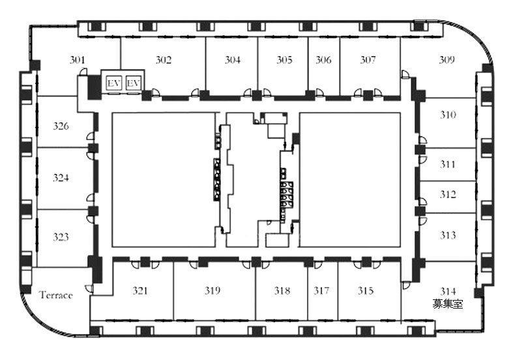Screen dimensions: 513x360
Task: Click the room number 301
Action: point(77,60)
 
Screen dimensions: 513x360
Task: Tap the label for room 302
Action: point(163,60)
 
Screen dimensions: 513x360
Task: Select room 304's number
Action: point(232,60)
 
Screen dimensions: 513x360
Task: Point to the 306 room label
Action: point(323,60)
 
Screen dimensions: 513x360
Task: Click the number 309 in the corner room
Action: point(447,60)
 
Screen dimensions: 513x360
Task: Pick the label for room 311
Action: point(447,164)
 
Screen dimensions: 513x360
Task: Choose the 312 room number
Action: point(448,195)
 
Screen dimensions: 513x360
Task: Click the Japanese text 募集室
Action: point(448,304)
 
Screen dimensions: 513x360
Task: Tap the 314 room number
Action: point(448,291)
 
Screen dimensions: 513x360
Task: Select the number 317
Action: point(321,290)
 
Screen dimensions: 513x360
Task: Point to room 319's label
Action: point(213,290)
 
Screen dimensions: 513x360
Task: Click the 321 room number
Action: point(140,290)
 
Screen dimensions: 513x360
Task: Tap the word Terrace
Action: point(56,295)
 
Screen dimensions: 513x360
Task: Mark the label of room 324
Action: point(61,177)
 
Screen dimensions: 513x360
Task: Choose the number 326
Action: point(61,126)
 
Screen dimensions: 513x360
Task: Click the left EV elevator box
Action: point(113,83)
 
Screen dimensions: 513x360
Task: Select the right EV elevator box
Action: point(133,83)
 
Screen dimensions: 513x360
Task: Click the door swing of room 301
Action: point(83,72)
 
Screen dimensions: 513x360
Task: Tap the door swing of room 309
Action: point(405,74)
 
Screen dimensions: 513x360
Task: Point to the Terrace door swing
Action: point(89,289)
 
